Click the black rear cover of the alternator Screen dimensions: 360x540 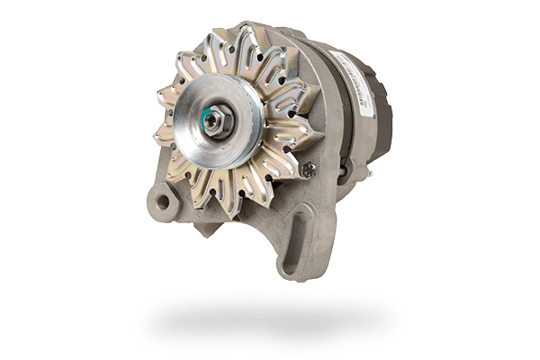click(382, 112)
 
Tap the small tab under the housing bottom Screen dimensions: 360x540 click(206, 229)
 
